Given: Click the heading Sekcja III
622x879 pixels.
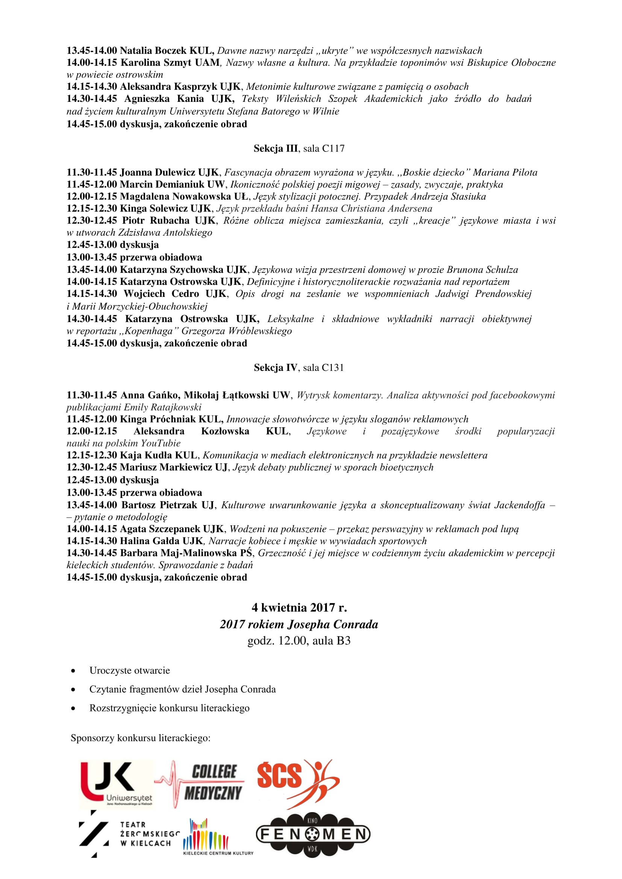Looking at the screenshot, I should coord(275,148).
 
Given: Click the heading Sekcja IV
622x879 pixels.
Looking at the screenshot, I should coord(275,368).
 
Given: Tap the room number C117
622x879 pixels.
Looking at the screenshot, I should coord(333,148).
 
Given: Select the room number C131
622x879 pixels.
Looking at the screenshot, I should coord(333,368).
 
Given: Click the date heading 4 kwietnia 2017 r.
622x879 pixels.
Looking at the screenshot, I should coord(299,607).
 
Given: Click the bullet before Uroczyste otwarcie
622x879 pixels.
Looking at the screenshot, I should coord(73,671).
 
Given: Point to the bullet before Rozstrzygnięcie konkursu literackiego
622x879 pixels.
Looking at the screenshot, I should coord(73,708).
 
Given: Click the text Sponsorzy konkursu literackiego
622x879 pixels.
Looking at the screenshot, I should coord(141,738).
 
